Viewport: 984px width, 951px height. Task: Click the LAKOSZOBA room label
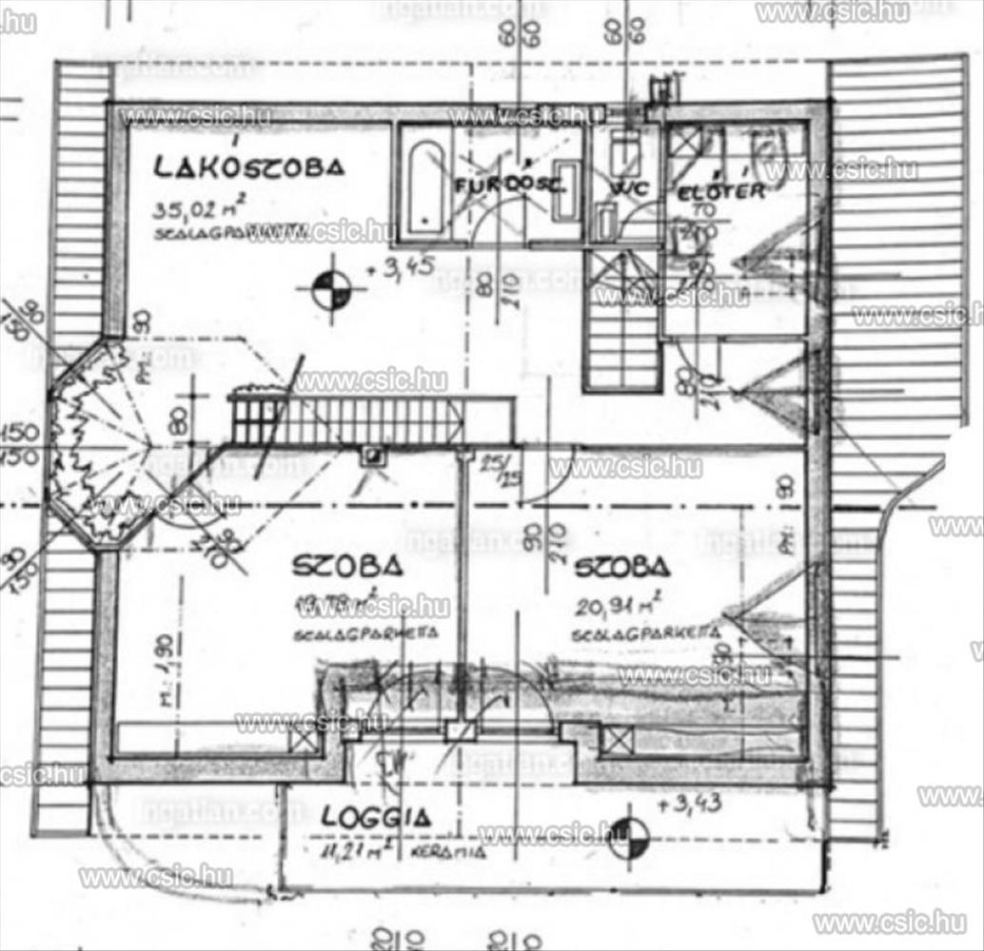(x=248, y=168)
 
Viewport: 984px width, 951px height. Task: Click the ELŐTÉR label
(x=720, y=191)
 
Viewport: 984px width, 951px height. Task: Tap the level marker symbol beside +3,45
(x=331, y=290)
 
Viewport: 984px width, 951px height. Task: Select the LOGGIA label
(x=376, y=816)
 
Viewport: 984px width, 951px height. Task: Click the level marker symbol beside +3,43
(x=627, y=837)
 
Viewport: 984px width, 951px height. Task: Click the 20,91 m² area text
(x=618, y=602)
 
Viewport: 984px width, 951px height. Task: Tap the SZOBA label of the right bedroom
(x=621, y=568)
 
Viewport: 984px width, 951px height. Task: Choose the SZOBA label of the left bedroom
(x=347, y=567)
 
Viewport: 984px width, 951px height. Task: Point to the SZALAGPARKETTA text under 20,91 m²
(x=644, y=633)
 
